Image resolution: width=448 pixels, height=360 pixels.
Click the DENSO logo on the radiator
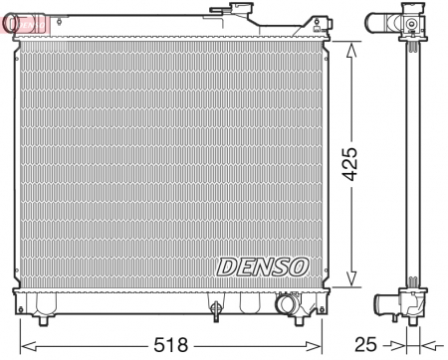[263, 267]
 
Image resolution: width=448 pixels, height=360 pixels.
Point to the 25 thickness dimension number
[367, 344]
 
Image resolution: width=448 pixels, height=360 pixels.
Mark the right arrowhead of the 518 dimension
[327, 344]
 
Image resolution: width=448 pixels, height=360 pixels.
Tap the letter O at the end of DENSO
[301, 267]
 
